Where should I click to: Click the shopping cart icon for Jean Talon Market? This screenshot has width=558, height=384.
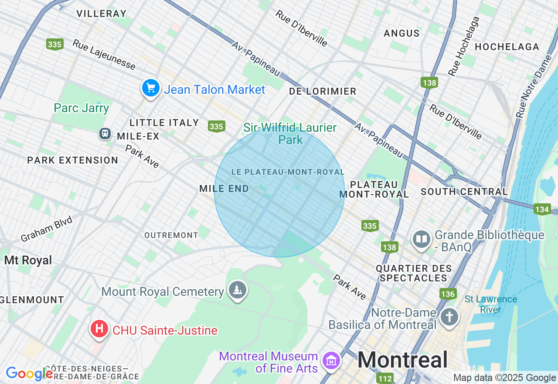(151, 89)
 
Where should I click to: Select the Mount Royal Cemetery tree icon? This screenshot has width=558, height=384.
(237, 290)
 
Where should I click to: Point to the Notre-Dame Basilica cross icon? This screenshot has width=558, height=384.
(449, 317)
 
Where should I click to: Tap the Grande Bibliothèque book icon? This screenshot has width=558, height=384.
(422, 239)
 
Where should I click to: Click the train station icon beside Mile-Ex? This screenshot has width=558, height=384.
(105, 134)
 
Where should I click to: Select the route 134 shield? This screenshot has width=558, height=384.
(542, 209)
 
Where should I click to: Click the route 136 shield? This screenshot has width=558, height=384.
(448, 294)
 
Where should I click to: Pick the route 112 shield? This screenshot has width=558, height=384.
(385, 378)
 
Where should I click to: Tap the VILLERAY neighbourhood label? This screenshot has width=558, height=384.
(102, 14)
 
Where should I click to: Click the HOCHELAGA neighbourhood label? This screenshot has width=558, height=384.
(507, 47)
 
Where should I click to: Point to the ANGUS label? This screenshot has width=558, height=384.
(401, 33)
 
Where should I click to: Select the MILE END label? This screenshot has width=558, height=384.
(224, 189)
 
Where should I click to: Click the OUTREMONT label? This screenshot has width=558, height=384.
(171, 235)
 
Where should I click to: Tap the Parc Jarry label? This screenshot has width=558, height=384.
(82, 108)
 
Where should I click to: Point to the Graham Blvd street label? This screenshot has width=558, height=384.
(47, 229)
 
